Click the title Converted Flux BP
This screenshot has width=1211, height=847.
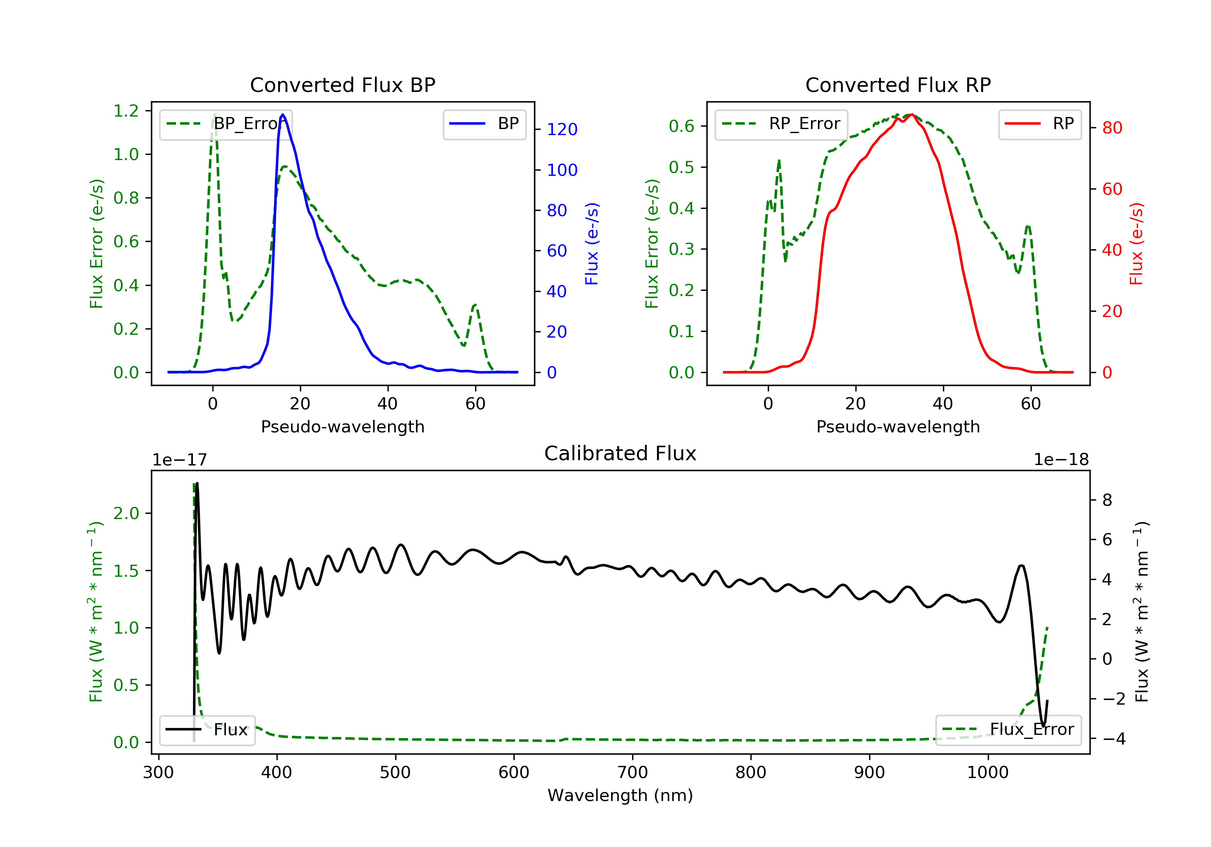pyautogui.click(x=342, y=85)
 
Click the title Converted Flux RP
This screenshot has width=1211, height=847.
pyautogui.click(x=898, y=85)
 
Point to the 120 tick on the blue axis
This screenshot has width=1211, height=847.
pyautogui.click(x=562, y=129)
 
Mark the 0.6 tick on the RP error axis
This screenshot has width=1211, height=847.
pyautogui.click(x=681, y=126)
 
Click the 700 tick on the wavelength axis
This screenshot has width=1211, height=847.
pyautogui.click(x=633, y=773)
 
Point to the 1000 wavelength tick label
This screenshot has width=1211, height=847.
pyautogui.click(x=987, y=773)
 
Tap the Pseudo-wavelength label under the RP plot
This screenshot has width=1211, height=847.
pyautogui.click(x=898, y=427)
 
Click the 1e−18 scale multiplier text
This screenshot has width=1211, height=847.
pyautogui.click(x=1061, y=460)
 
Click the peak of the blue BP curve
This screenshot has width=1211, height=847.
pyautogui.click(x=283, y=115)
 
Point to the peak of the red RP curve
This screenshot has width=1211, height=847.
pyautogui.click(x=911, y=115)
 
